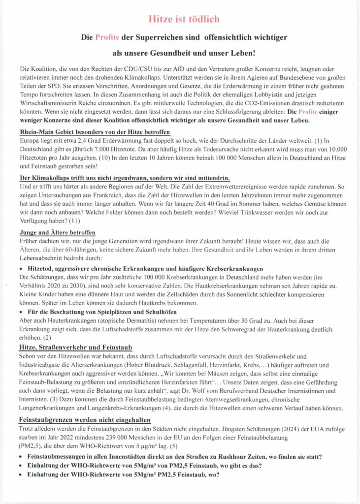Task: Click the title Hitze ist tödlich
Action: point(183,19)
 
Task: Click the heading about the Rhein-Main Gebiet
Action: point(95,132)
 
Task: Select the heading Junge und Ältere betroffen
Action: point(58,232)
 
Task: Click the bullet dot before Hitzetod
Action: point(22,269)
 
